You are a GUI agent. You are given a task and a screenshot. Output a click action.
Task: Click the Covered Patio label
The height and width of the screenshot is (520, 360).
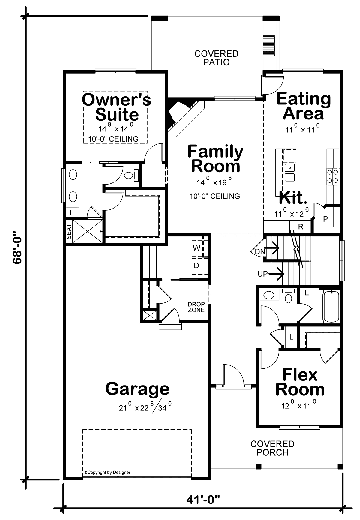[216, 58]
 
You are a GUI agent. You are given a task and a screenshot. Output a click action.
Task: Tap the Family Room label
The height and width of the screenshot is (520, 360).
[215, 159]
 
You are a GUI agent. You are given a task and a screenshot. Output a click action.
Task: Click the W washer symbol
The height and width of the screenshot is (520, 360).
[197, 248]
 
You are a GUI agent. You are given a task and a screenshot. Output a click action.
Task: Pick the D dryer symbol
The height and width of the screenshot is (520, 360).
[197, 266]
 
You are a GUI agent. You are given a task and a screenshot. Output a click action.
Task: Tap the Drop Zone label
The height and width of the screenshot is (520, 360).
[196, 307]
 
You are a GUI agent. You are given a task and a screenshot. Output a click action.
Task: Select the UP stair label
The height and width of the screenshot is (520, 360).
[262, 274]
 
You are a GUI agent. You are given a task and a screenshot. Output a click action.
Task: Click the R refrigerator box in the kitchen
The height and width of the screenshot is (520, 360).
[301, 227]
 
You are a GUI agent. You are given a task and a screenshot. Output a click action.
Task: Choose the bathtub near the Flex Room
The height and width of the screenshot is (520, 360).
[331, 306]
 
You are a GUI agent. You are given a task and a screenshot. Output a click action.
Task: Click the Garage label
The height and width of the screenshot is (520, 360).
[137, 389]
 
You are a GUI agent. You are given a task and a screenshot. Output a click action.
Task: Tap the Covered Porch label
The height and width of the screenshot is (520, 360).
[272, 448]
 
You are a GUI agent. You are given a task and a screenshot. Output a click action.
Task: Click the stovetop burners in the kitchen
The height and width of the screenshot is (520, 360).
[333, 176]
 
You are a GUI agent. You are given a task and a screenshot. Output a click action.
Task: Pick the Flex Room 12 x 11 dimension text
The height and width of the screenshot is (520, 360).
[299, 405]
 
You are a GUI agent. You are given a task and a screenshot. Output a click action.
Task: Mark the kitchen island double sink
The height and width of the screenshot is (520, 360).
[290, 173]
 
